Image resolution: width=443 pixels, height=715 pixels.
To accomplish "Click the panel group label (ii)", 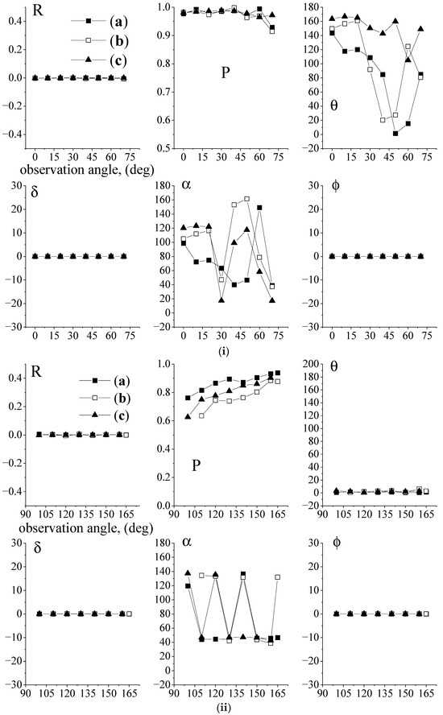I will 221,709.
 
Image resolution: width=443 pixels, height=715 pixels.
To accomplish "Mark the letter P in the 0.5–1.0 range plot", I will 227,74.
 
